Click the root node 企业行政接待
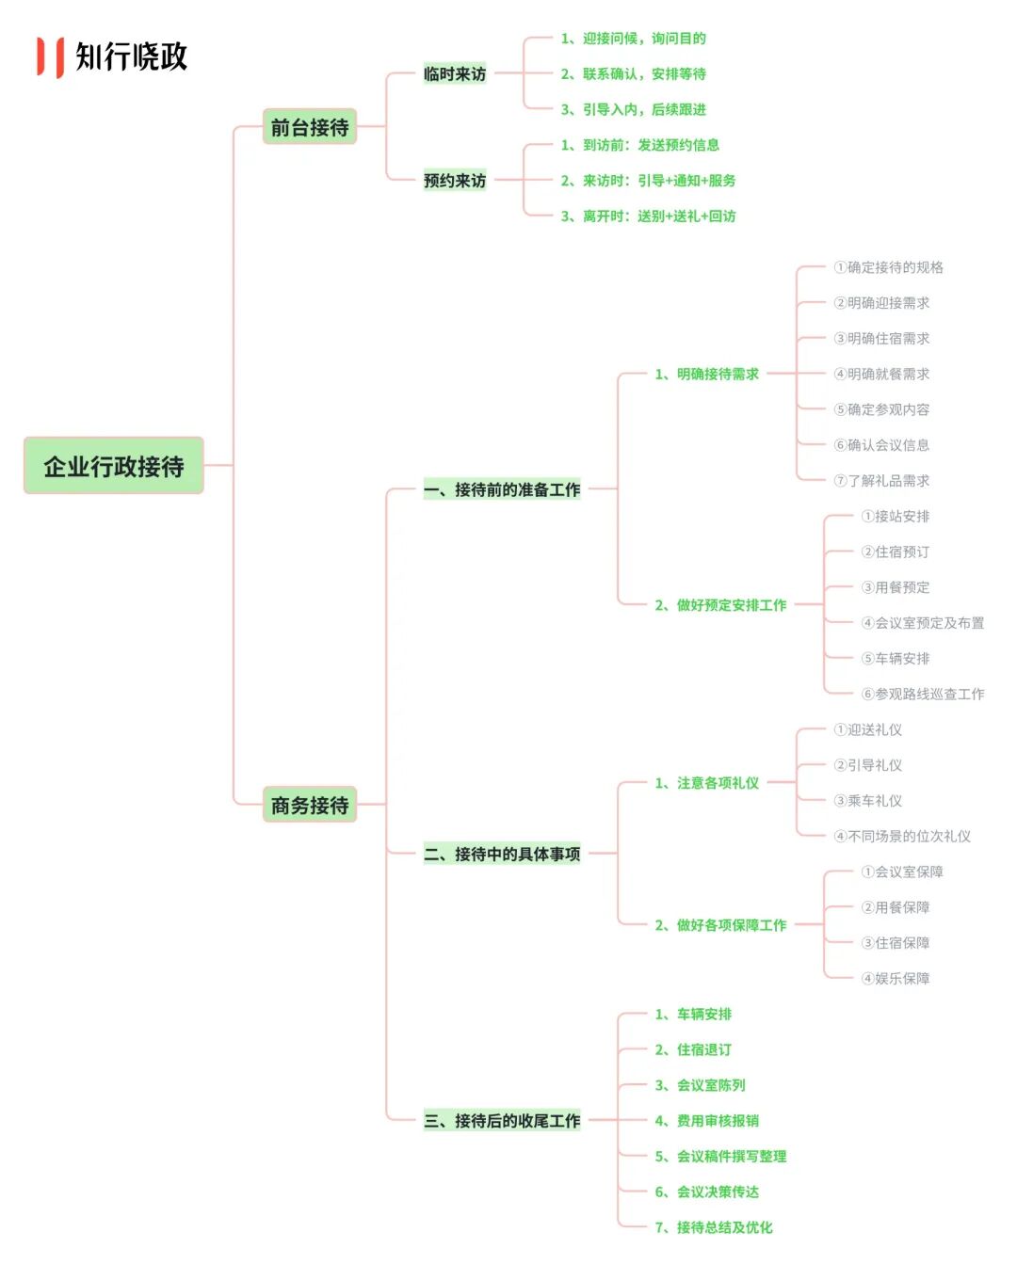[114, 466]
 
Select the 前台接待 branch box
[309, 127]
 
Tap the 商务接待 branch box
[309, 805]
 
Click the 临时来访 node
[455, 73]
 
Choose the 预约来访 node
[455, 180]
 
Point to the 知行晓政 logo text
[132, 56]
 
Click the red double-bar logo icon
[50, 56]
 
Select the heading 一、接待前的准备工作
[502, 489]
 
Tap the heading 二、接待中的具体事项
[502, 854]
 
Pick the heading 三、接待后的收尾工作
[502, 1120]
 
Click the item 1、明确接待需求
[707, 374]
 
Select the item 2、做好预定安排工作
[720, 605]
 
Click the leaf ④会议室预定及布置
[923, 622]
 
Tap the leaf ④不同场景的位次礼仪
[902, 836]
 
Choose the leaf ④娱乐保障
[896, 978]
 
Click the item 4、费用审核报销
[707, 1120]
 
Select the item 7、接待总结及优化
[714, 1226]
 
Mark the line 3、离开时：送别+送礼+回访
[649, 216]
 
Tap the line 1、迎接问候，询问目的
[634, 39]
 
